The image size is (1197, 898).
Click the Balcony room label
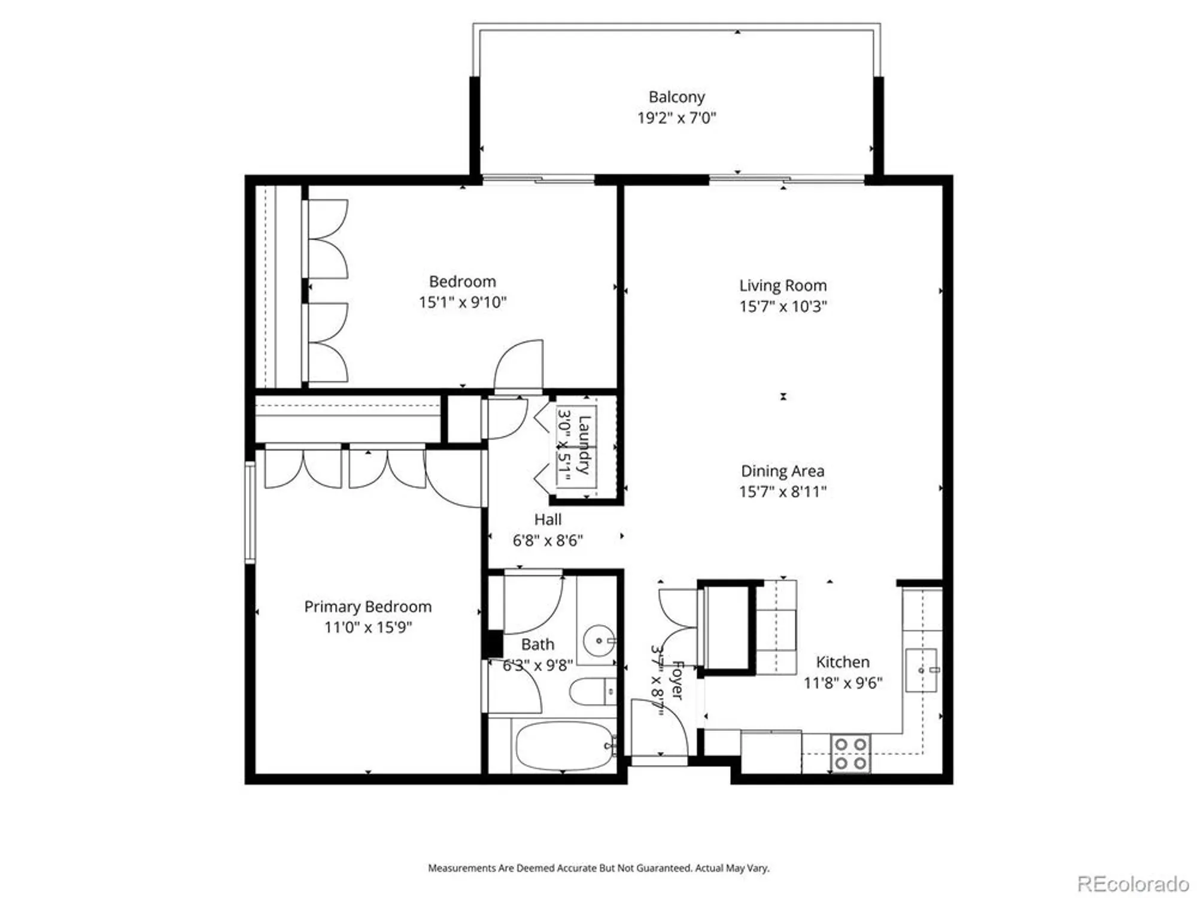tap(676, 97)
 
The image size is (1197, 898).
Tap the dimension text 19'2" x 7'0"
tap(676, 118)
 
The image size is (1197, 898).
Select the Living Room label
tap(783, 286)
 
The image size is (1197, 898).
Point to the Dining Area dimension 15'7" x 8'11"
tap(783, 492)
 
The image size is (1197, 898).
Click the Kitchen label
tap(843, 662)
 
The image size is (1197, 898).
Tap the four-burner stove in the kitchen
tap(850, 754)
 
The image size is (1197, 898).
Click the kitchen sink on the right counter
tap(921, 670)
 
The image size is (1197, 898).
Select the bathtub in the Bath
tap(563, 746)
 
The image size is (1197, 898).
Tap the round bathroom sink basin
tap(598, 641)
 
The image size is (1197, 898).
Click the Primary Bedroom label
tap(367, 606)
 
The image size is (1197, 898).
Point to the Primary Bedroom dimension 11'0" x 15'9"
tap(367, 627)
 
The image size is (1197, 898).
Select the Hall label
tap(548, 520)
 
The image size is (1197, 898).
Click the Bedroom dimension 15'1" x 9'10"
tap(462, 302)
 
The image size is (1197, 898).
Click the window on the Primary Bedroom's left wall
tap(250, 512)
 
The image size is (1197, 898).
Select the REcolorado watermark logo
tap(1132, 884)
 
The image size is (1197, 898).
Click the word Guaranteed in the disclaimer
tap(663, 868)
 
